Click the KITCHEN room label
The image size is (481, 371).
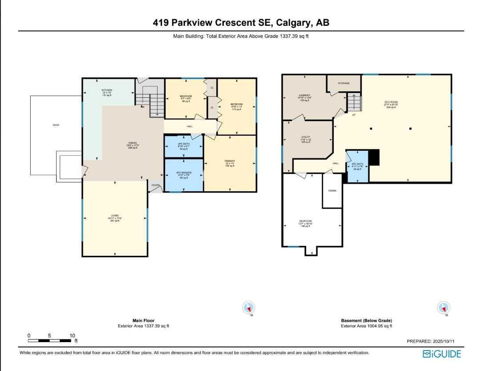tap(106, 90)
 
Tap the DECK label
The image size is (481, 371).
tap(56, 125)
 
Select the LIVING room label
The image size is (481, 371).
tap(115, 216)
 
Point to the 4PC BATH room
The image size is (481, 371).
tap(184, 145)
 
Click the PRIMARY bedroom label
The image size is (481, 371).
tap(230, 161)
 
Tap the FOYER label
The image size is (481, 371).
tap(155, 185)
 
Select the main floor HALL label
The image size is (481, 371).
tap(190, 126)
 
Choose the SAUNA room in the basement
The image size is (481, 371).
tap(332, 190)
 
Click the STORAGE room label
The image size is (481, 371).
tap(344, 83)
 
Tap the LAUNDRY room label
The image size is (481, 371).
tap(304, 95)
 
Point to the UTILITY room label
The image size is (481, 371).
tap(305, 137)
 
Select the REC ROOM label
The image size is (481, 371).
tap(391, 102)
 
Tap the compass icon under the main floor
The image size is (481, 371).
tap(248, 307)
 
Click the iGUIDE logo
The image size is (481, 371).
tap(442, 354)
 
